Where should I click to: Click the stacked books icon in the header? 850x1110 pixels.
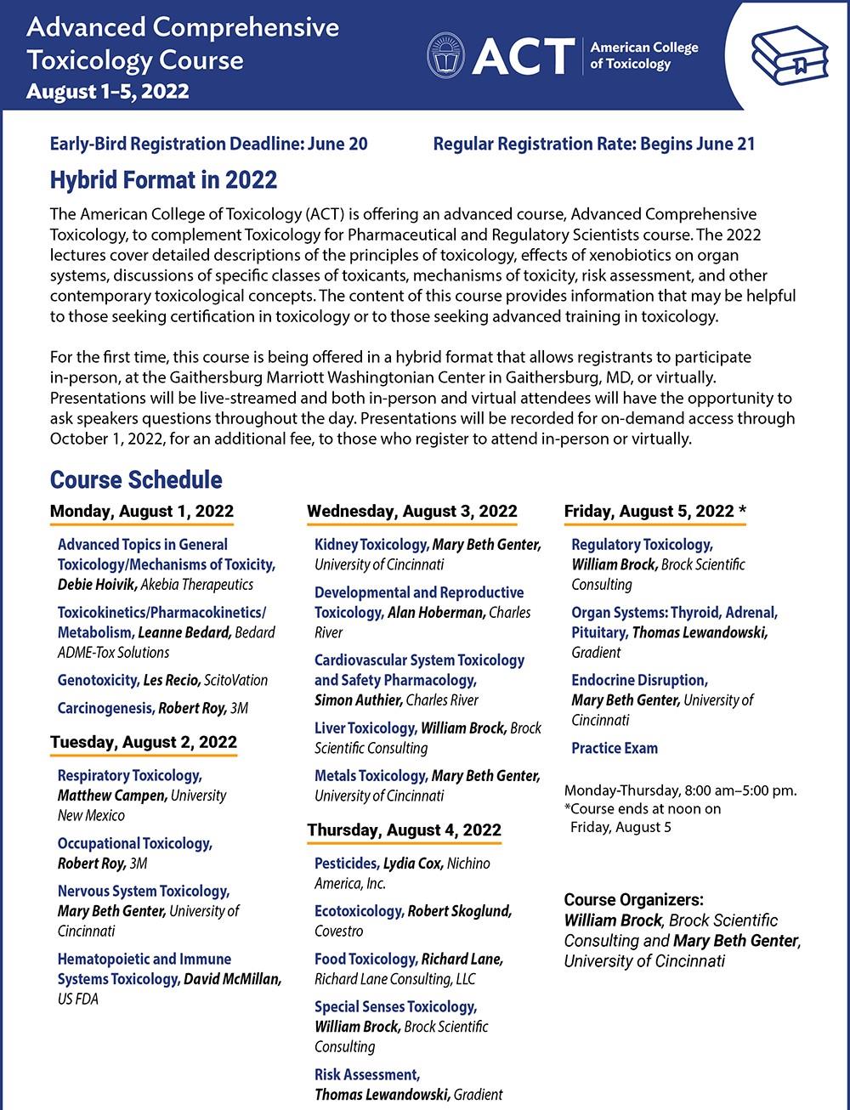(790, 55)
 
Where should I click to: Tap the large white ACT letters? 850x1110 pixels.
(523, 56)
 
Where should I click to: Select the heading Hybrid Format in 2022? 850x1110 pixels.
(163, 180)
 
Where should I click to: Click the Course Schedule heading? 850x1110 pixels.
(136, 479)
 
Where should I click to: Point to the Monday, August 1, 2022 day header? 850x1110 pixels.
(142, 511)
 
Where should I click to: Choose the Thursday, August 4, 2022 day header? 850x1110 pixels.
(405, 830)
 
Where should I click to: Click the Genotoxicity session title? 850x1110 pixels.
(98, 680)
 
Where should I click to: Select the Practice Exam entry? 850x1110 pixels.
(615, 748)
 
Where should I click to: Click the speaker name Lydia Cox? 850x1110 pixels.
(413, 864)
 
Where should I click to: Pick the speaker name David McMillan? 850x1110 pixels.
(232, 979)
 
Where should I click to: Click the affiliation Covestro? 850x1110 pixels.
(339, 932)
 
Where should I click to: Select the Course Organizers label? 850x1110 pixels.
(633, 899)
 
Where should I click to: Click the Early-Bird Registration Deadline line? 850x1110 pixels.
(209, 144)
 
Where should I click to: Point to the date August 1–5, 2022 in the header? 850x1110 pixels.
(108, 92)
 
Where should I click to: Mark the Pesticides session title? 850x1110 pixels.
(347, 864)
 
